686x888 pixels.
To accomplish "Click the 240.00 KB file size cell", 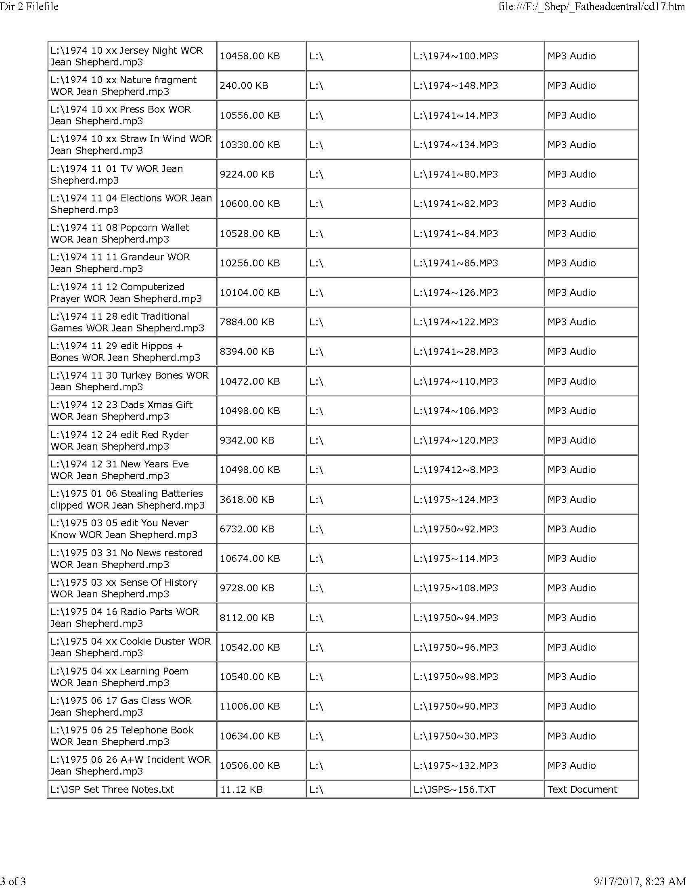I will pyautogui.click(x=244, y=86).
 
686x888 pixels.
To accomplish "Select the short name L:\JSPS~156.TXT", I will pyautogui.click(x=454, y=789).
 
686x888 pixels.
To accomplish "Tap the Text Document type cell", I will pyautogui.click(x=582, y=789).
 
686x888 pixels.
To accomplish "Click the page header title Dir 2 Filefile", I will pyautogui.click(x=29, y=6).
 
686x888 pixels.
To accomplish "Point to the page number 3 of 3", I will pyautogui.click(x=13, y=881).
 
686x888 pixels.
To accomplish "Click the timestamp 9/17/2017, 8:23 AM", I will pyautogui.click(x=640, y=881).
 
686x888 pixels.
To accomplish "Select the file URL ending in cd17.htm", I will pyautogui.click(x=592, y=6).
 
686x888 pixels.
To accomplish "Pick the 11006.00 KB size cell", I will pyautogui.click(x=249, y=706).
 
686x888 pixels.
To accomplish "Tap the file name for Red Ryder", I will pyautogui.click(x=119, y=440).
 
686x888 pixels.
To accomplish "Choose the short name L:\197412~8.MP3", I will pyautogui.click(x=456, y=469).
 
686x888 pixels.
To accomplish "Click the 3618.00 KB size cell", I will pyautogui.click(x=247, y=499).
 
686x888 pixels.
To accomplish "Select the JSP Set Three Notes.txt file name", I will pyautogui.click(x=112, y=789).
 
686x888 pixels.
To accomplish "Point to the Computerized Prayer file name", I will pyautogui.click(x=126, y=292).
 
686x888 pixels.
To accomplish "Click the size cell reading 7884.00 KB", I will pyautogui.click(x=247, y=322).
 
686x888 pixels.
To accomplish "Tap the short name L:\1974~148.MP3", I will pyautogui.click(x=456, y=86).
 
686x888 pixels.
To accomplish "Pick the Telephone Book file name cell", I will pyautogui.click(x=122, y=736).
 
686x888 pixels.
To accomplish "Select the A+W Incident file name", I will pyautogui.click(x=130, y=765).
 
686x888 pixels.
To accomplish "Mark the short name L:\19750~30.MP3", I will pyautogui.click(x=456, y=736).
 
